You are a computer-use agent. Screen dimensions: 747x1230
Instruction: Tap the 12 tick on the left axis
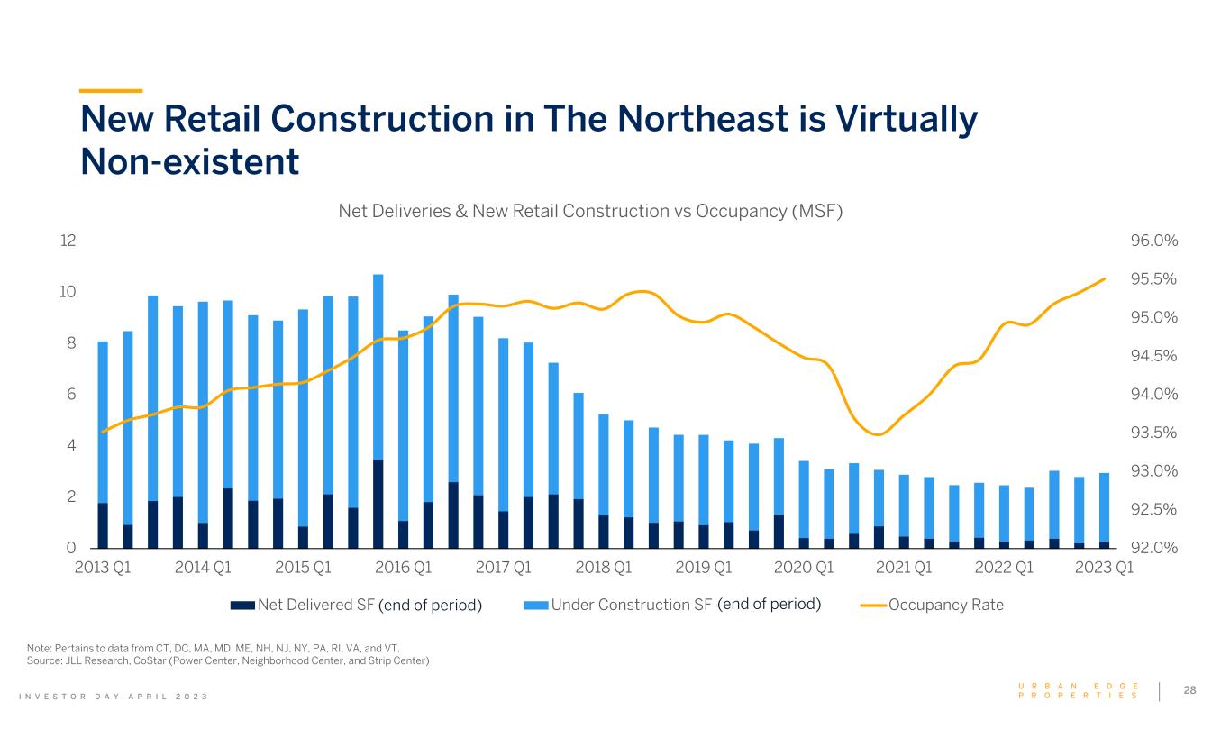pos(68,241)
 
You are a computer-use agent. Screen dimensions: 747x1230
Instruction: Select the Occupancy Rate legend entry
pos(945,605)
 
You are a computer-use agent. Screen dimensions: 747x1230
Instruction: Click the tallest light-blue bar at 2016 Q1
pos(378,360)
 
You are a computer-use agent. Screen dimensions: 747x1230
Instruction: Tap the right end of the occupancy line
pos(1105,278)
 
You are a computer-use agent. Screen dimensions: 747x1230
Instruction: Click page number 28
pos(1189,690)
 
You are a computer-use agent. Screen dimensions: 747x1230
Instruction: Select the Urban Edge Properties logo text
pos(1078,691)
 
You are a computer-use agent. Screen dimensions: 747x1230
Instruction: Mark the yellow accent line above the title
pos(111,90)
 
